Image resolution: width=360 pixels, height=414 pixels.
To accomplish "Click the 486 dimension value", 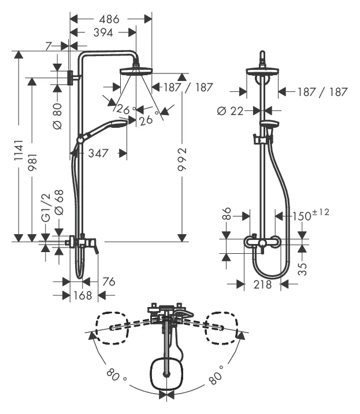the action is pyautogui.click(x=109, y=19).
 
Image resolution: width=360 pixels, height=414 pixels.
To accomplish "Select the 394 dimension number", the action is pyautogui.click(x=103, y=33).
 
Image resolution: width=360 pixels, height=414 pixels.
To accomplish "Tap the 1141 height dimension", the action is pyautogui.click(x=18, y=150).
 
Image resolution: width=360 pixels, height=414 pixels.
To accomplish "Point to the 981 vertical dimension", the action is pyautogui.click(x=32, y=162).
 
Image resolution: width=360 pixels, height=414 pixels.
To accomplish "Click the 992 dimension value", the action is pyautogui.click(x=182, y=159).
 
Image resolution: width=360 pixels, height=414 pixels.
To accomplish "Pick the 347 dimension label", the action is pyautogui.click(x=98, y=153).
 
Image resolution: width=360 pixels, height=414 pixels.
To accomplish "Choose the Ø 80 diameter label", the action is pyautogui.click(x=57, y=116).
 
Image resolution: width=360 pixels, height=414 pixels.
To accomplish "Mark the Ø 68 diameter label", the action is pyautogui.click(x=59, y=202).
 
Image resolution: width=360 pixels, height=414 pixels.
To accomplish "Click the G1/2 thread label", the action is pyautogui.click(x=46, y=207).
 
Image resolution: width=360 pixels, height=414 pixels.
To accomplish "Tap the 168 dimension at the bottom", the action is pyautogui.click(x=83, y=295).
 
